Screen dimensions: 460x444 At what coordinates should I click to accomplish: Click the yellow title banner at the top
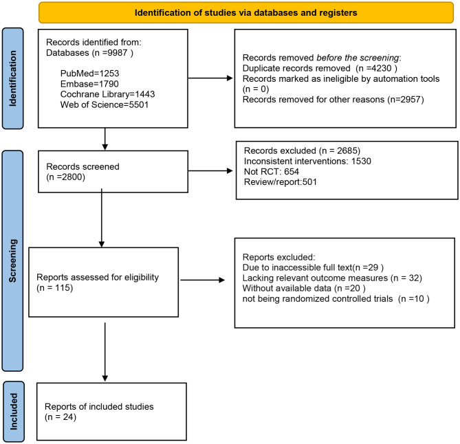246,12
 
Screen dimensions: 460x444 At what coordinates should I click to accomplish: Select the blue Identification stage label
12,78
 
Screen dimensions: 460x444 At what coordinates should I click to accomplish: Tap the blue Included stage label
13,412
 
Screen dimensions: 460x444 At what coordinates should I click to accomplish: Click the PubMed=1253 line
89,74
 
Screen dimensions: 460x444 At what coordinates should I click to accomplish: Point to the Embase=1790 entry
89,84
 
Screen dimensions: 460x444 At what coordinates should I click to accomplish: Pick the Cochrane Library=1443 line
107,94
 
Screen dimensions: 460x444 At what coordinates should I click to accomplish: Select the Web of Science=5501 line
104,104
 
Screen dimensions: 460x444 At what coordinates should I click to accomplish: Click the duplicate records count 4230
382,68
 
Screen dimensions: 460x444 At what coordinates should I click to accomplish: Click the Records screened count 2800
72,177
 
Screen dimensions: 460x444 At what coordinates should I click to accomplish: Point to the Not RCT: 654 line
272,172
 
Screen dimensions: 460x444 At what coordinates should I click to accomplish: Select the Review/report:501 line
280,182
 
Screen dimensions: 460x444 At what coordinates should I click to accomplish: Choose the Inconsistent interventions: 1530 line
307,162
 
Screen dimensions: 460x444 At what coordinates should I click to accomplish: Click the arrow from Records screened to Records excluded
210,170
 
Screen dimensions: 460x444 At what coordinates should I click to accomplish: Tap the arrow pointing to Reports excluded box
202,280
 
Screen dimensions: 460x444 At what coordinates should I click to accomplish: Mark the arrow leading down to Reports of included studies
105,352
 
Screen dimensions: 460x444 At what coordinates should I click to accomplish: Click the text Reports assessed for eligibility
98,278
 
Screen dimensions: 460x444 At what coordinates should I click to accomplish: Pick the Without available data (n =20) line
304,289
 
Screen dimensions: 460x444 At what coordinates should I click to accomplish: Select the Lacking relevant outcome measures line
315,278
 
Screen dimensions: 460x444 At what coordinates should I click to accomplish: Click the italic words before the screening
358,58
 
